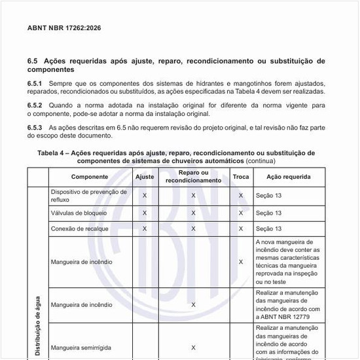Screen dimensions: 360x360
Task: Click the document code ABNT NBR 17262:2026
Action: click(x=64, y=29)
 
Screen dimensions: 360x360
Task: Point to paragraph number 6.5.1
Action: click(x=35, y=84)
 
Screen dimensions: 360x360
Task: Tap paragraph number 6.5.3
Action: click(x=35, y=126)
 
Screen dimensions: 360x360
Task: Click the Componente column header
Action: click(x=90, y=177)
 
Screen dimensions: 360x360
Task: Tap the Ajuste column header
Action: click(x=145, y=177)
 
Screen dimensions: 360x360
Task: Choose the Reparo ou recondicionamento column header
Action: click(x=193, y=177)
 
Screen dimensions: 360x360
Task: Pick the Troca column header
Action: click(x=241, y=177)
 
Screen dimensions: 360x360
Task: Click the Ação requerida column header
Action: click(x=283, y=177)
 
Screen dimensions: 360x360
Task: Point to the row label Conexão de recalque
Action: click(x=79, y=228)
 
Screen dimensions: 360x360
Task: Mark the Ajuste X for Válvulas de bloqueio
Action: click(x=145, y=213)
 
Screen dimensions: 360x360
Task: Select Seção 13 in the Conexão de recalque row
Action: click(x=268, y=228)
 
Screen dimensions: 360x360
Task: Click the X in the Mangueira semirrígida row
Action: click(x=193, y=348)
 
